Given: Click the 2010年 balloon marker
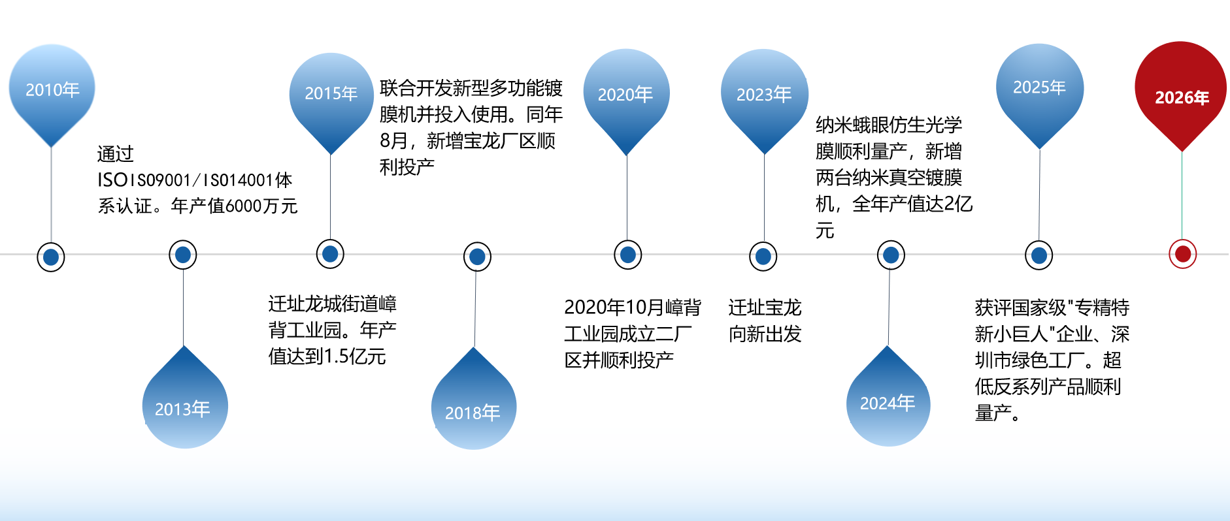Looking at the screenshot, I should pos(52,89).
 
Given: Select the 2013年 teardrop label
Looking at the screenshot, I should pos(184,407).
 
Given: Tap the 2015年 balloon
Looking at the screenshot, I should pos(331,93).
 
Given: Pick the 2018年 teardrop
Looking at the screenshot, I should pos(473,411).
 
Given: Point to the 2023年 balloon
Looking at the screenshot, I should pos(764,95).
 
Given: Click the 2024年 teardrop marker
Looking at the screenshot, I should pos(888,403).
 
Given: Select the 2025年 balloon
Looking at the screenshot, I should pos(1039,87).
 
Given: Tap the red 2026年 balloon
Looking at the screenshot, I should pos(1181,97).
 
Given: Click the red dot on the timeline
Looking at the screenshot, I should pos(1182,254).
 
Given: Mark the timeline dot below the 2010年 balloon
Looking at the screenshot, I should pos(51,257).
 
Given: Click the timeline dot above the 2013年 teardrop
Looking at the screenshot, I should pos(183,255).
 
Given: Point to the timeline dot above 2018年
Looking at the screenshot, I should pos(477,257).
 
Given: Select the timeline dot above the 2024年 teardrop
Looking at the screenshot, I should pos(890,255).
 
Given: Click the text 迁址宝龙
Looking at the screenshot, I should pos(765,308).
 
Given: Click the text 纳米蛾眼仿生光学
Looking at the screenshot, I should pos(888,125).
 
